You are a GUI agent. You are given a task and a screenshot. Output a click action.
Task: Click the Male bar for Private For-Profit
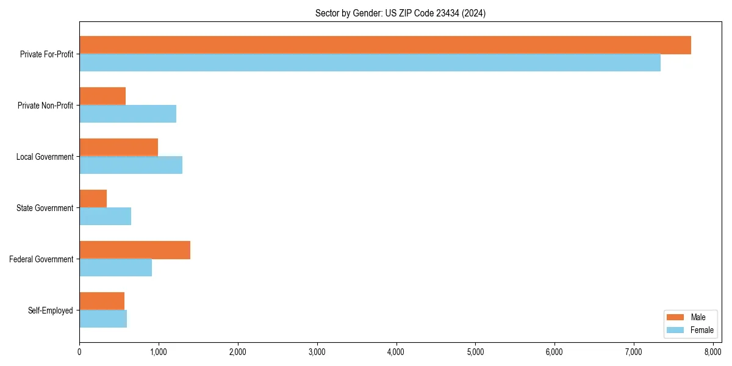click(x=385, y=45)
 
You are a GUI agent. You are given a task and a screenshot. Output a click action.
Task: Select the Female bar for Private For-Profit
click(x=370, y=63)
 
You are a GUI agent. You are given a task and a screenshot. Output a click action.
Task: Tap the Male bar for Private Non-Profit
click(x=102, y=96)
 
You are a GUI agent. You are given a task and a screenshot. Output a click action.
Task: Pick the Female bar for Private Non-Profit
click(x=127, y=114)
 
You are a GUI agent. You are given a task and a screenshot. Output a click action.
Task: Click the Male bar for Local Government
click(x=118, y=148)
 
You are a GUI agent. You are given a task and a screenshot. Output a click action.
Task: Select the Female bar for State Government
click(x=105, y=217)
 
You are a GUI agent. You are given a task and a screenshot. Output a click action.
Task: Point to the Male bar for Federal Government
click(x=135, y=250)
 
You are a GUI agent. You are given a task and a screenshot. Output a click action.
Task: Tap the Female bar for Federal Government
click(x=115, y=268)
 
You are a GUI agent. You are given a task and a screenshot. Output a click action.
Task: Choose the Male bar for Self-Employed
click(x=102, y=301)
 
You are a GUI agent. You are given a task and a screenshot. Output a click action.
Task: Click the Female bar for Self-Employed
click(x=103, y=319)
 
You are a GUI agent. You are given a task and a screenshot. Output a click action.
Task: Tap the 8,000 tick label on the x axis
click(x=712, y=351)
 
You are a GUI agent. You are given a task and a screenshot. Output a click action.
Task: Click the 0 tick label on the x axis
click(x=79, y=351)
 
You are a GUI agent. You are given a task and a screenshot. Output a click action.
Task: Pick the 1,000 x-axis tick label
click(x=159, y=351)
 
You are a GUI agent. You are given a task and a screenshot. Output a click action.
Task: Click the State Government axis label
click(x=45, y=208)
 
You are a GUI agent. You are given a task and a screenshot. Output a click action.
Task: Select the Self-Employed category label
click(x=51, y=310)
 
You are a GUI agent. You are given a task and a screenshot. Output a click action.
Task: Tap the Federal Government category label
click(x=41, y=259)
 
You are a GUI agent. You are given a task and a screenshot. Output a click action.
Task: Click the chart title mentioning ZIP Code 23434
click(x=400, y=13)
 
